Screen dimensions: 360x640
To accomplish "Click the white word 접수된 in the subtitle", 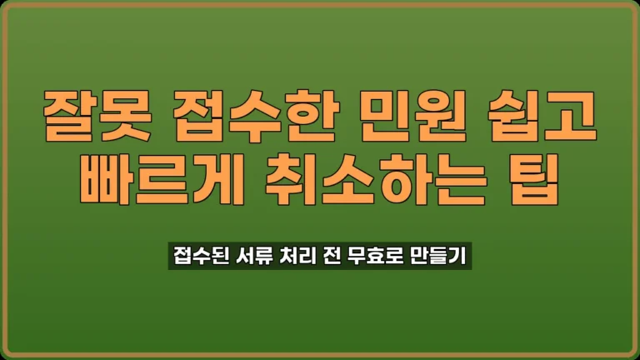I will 197,253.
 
